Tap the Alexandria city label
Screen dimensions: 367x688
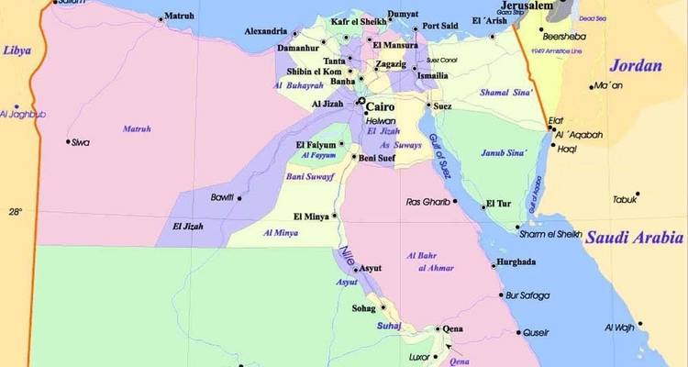pyautogui.click(x=265, y=31)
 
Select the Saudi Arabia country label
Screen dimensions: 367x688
pyautogui.click(x=633, y=236)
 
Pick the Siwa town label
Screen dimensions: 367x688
pyautogui.click(x=82, y=142)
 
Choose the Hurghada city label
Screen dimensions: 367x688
pyautogui.click(x=515, y=262)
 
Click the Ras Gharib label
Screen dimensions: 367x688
pyautogui.click(x=426, y=202)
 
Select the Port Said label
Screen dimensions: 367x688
pyautogui.click(x=440, y=26)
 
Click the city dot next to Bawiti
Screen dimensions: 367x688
pyautogui.click(x=240, y=198)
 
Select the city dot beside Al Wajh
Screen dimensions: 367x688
pyautogui.click(x=640, y=324)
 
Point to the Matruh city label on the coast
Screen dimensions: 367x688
pyautogui.click(x=179, y=16)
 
